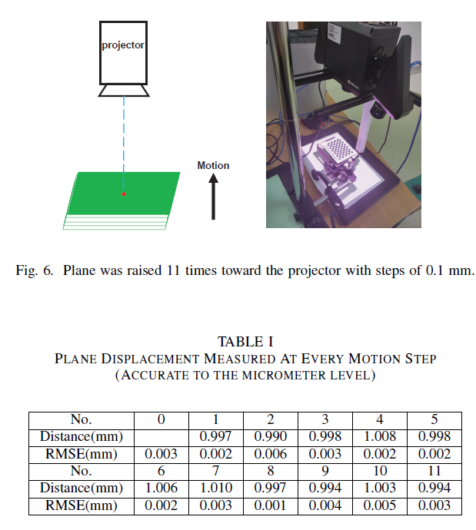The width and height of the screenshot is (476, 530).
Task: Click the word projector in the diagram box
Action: (123, 45)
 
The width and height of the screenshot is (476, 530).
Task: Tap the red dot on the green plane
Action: (123, 194)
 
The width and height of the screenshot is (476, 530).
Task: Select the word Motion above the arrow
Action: (213, 165)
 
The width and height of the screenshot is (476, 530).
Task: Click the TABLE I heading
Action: (245, 341)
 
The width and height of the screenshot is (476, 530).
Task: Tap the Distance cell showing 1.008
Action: (381, 436)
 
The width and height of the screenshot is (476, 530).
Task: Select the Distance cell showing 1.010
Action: (216, 489)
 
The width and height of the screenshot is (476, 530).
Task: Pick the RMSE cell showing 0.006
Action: (271, 453)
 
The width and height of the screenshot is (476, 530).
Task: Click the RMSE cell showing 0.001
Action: (271, 505)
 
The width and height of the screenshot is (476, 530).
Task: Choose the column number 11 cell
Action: (435, 471)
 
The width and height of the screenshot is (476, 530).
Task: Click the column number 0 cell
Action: (161, 419)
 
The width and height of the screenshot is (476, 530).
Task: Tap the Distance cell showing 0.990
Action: (271, 436)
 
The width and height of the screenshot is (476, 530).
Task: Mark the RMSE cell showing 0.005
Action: (381, 505)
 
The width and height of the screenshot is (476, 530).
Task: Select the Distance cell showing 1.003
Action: (381, 489)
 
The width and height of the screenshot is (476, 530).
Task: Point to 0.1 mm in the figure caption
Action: (444, 270)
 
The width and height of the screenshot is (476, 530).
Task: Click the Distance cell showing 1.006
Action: (161, 489)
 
